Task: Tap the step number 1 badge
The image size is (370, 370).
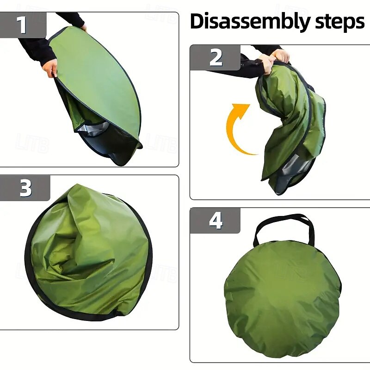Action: pos(23,25)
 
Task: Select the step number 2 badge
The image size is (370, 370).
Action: pos(215,57)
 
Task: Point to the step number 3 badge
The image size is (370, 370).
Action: pos(25,188)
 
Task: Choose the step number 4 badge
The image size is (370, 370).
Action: pos(215,221)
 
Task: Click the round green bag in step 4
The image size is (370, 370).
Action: pos(283,298)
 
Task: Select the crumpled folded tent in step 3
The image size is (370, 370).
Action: pos(88,253)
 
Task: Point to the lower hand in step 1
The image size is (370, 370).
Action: pos(50,68)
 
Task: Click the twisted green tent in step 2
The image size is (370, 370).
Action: pos(291,128)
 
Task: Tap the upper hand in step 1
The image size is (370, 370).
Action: pos(84,28)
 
